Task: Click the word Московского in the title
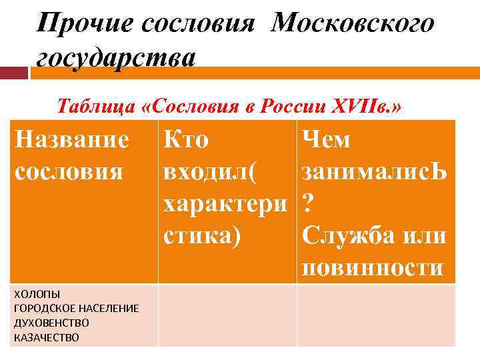click(x=353, y=24)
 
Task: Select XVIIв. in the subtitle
click(x=366, y=105)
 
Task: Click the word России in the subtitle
click(x=297, y=105)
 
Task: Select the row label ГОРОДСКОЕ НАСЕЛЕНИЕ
click(x=76, y=308)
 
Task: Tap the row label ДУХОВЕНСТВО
click(x=51, y=323)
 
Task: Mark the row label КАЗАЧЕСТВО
click(x=45, y=337)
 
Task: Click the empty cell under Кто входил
click(x=227, y=315)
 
